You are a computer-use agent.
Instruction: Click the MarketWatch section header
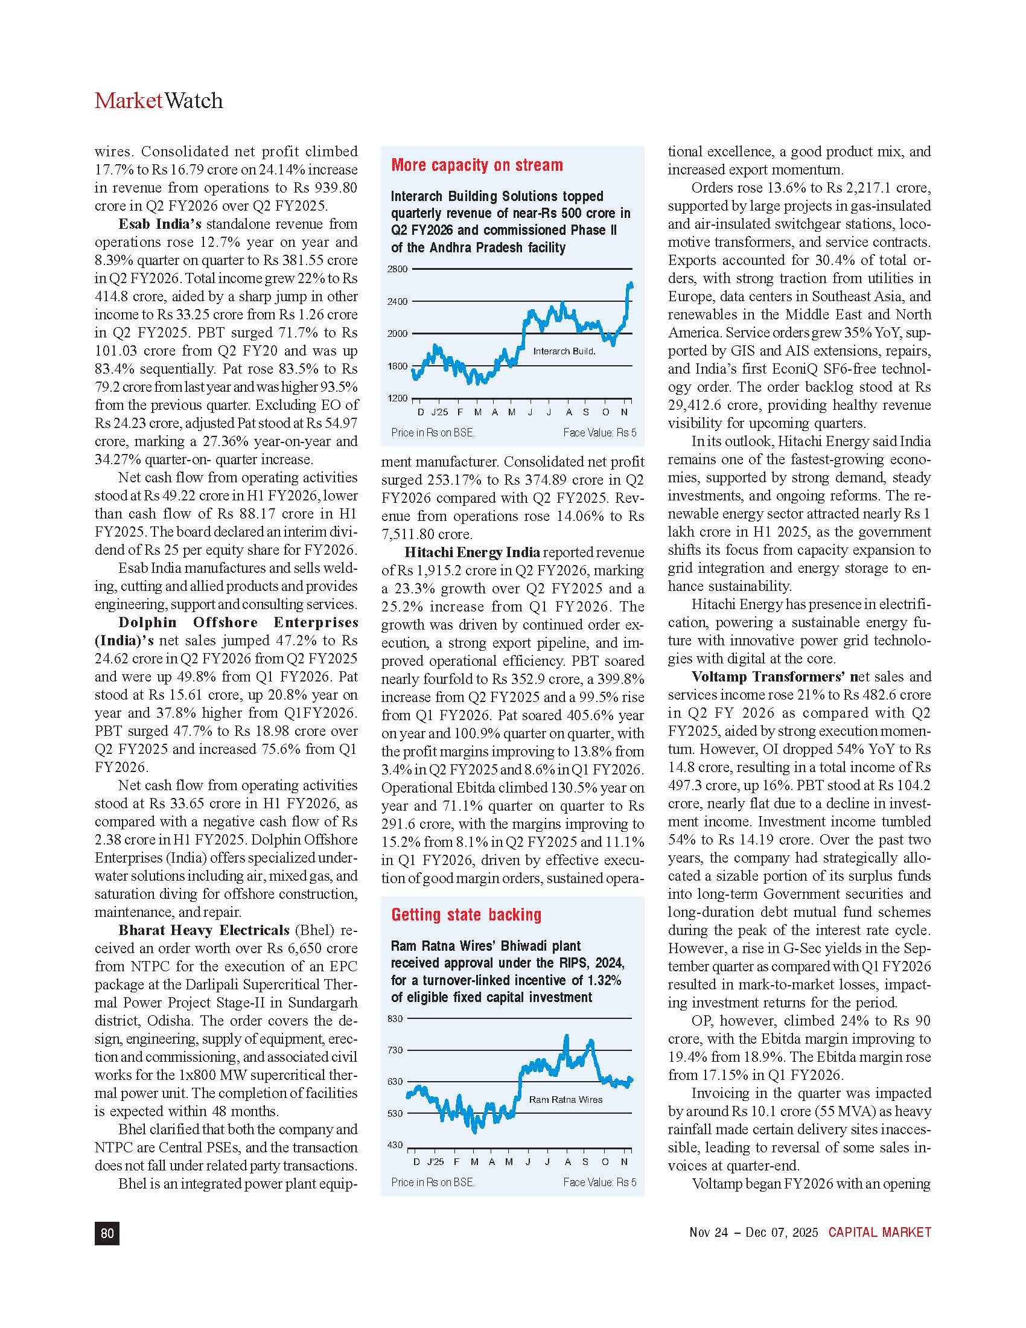[159, 100]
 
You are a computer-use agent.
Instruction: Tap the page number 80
[107, 1233]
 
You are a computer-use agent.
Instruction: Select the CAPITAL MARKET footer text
[879, 1232]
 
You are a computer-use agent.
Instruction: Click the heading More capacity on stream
[477, 165]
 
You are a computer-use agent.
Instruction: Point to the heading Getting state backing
[466, 915]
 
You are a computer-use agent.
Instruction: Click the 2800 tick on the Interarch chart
[398, 269]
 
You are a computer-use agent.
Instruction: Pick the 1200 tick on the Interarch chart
[398, 398]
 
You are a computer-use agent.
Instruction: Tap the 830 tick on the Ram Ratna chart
[396, 1018]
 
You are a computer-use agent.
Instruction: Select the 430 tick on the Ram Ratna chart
[396, 1145]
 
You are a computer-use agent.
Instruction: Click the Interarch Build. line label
[564, 351]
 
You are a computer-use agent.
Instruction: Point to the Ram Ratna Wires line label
[566, 1099]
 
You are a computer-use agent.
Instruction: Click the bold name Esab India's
[160, 224]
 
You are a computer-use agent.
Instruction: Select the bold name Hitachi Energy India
[472, 552]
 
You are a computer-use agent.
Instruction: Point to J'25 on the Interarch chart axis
[439, 412]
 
